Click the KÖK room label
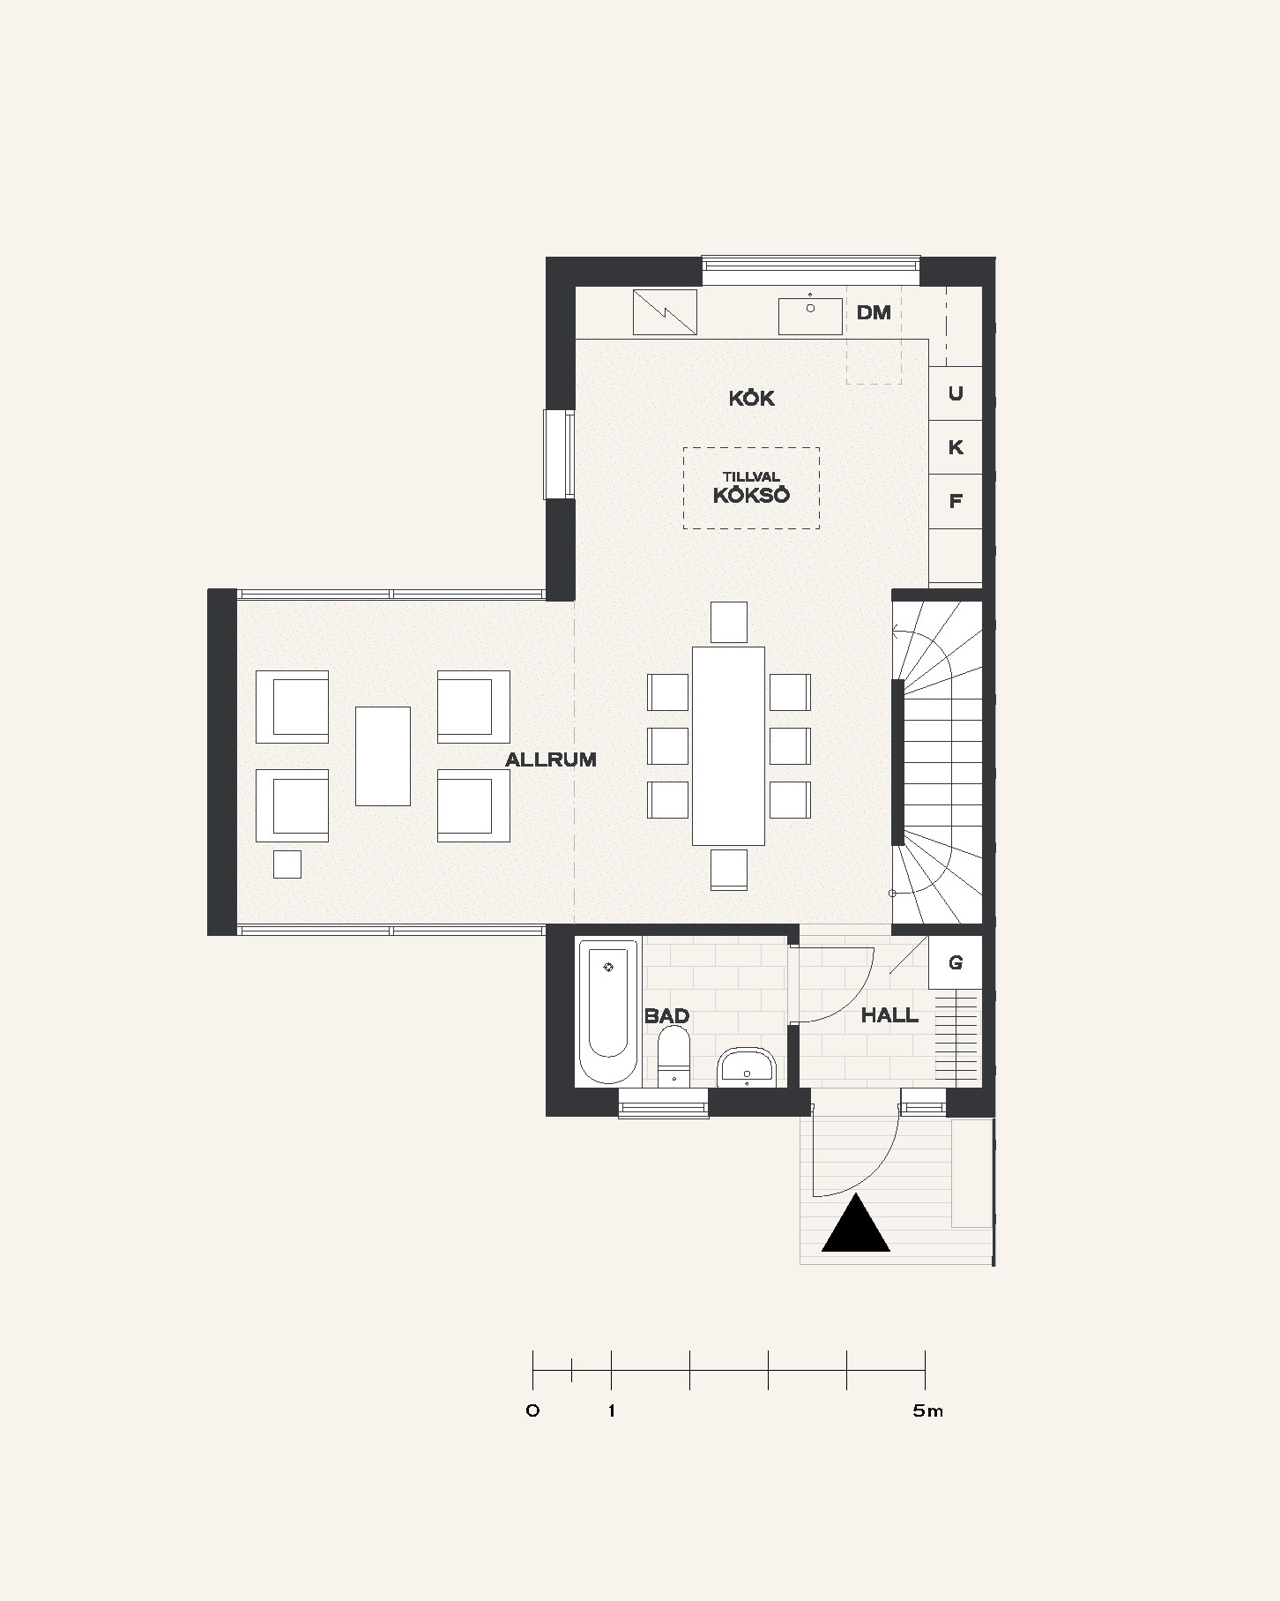tap(751, 398)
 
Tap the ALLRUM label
tap(551, 759)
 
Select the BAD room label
tap(666, 1015)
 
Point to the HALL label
tap(889, 1015)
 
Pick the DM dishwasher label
tap(874, 312)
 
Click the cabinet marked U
tap(956, 393)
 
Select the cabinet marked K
tap(956, 447)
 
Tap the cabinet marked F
tap(956, 501)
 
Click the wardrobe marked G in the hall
tap(956, 962)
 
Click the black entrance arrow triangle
tap(856, 1223)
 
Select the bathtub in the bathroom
tap(608, 1012)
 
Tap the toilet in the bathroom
tap(674, 1056)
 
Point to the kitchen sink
tap(810, 316)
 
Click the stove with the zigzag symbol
tap(665, 312)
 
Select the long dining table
tap(728, 746)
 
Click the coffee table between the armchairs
tap(383, 756)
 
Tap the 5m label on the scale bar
tap(928, 1411)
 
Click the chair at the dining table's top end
tap(729, 622)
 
